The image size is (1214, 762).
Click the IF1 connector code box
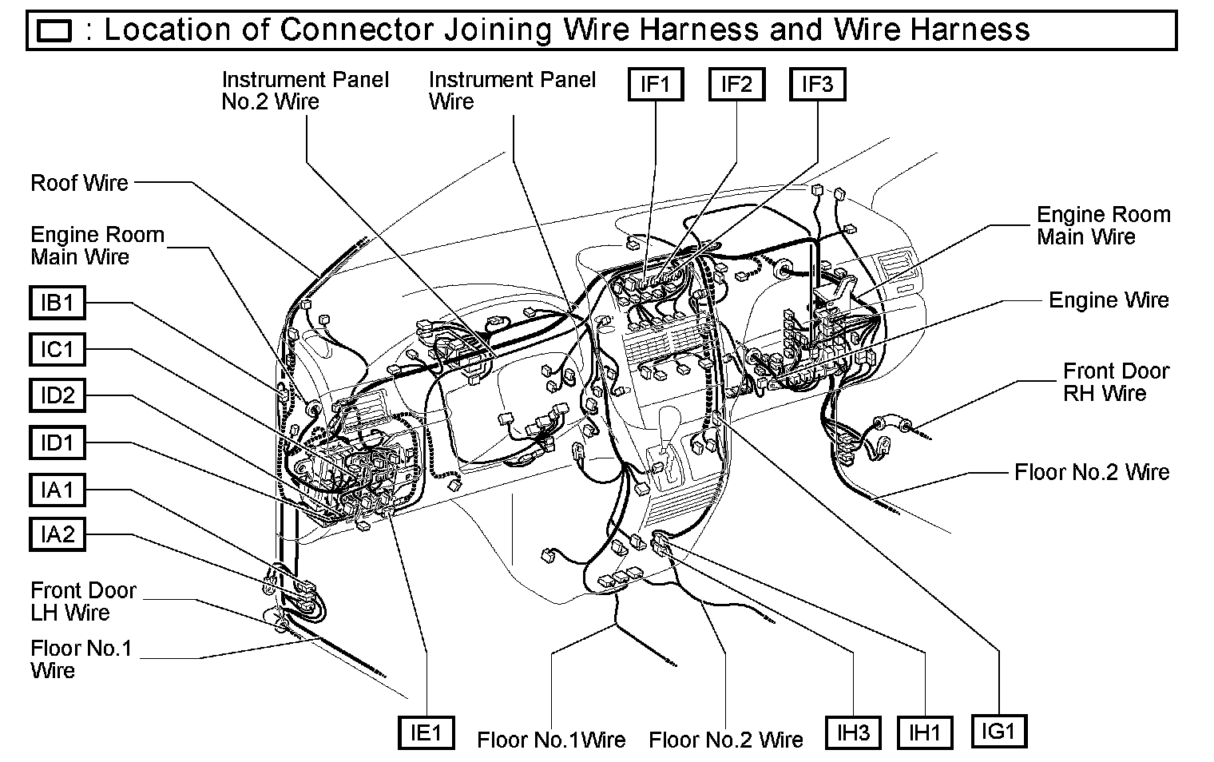click(656, 84)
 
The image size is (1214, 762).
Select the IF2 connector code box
click(736, 84)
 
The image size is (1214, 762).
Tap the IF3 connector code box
click(817, 84)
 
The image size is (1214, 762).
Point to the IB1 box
click(57, 304)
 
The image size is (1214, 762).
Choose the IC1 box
click(57, 349)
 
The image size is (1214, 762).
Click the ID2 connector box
click(57, 395)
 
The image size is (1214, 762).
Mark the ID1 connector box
click(57, 442)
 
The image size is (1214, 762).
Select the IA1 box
click(57, 489)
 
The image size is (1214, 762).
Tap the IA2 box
click(57, 534)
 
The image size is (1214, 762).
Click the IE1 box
click(426, 732)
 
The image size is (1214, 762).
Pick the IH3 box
click(852, 732)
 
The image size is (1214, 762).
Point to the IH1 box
click(924, 732)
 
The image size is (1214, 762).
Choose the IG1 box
click(998, 731)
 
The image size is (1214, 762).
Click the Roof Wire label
click(79, 183)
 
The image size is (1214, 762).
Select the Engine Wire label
click(1109, 300)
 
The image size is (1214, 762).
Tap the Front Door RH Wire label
click(1115, 382)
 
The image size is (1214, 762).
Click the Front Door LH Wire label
click(83, 601)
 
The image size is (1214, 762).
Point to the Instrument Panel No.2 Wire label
click(305, 90)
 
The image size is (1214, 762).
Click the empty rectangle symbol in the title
click(55, 31)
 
